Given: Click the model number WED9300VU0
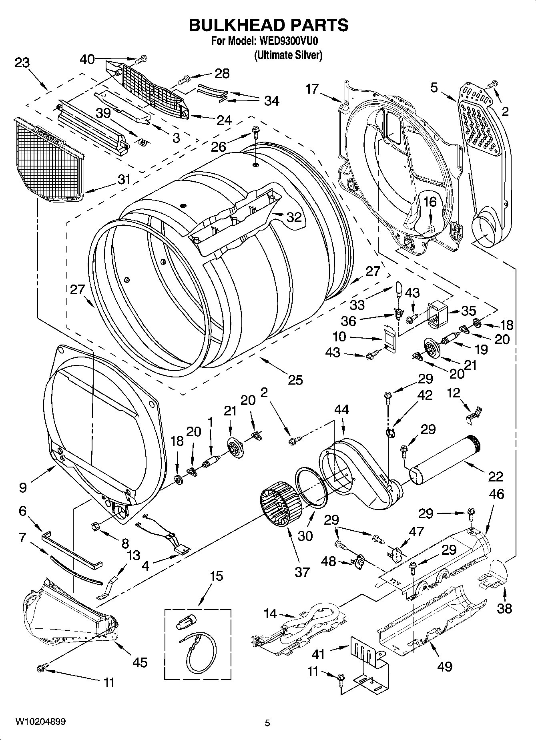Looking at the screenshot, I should coord(291,41).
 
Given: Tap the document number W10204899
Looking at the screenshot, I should coord(40,721).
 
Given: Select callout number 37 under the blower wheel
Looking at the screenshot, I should coord(302,572).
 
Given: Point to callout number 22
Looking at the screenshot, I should coord(495,476).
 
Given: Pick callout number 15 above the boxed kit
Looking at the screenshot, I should coord(216,576).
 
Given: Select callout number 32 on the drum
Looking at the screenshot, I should coord(294,217).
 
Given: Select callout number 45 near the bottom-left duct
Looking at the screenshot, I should coord(140,662).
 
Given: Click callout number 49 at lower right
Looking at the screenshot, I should coord(445,666).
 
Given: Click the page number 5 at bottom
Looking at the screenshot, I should coord(267,723).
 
